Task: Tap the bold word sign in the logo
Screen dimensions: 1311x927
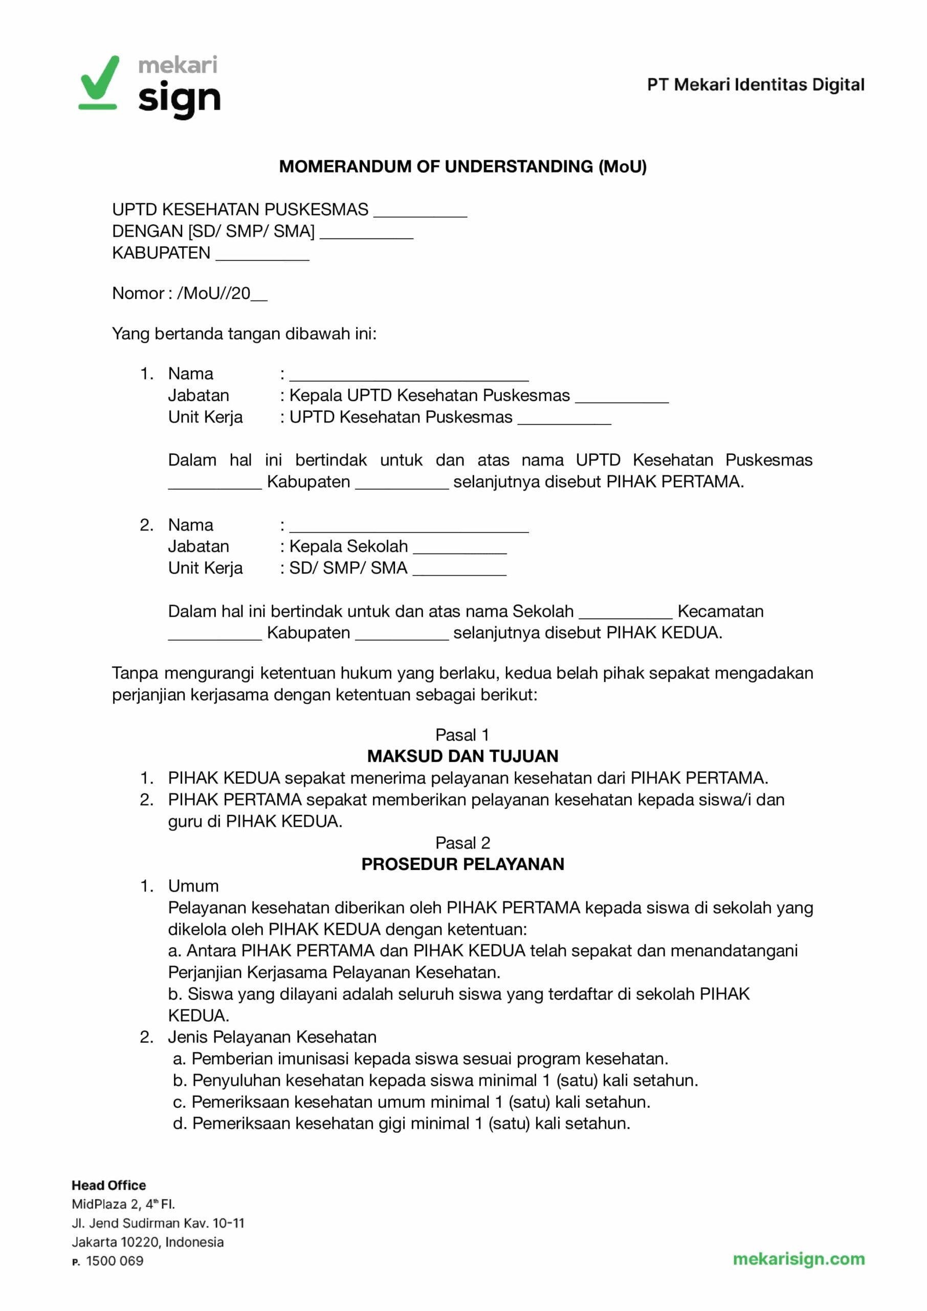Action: pyautogui.click(x=179, y=99)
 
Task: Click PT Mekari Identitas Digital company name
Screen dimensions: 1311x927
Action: pyautogui.click(x=755, y=84)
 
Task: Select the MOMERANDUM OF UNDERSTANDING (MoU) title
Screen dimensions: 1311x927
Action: pyautogui.click(x=463, y=166)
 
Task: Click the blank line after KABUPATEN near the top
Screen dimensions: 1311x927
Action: pyautogui.click(x=262, y=255)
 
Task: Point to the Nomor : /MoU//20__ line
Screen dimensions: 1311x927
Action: pyautogui.click(x=189, y=293)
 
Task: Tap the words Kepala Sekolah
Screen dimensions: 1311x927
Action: pyautogui.click(x=349, y=547)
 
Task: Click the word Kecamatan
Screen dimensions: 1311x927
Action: pyautogui.click(x=720, y=611)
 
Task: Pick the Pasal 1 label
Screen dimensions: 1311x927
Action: pyautogui.click(x=462, y=734)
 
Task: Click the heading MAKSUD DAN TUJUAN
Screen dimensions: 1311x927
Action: pyautogui.click(x=463, y=756)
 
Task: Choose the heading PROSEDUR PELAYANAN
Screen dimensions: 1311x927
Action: pyautogui.click(x=463, y=864)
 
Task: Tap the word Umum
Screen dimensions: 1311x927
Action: pyautogui.click(x=193, y=886)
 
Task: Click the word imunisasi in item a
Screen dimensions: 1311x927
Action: pyautogui.click(x=313, y=1059)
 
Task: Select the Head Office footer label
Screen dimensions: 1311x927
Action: pyautogui.click(x=108, y=1186)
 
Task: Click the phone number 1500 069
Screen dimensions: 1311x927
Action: pyautogui.click(x=115, y=1261)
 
